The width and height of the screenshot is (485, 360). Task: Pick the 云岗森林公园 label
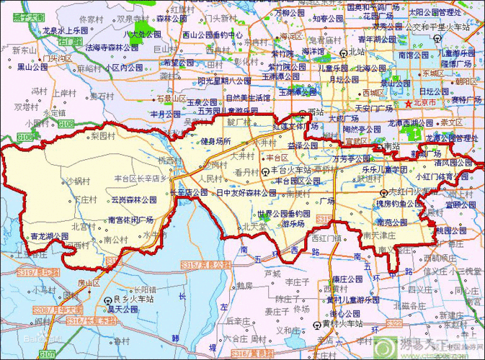133,199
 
